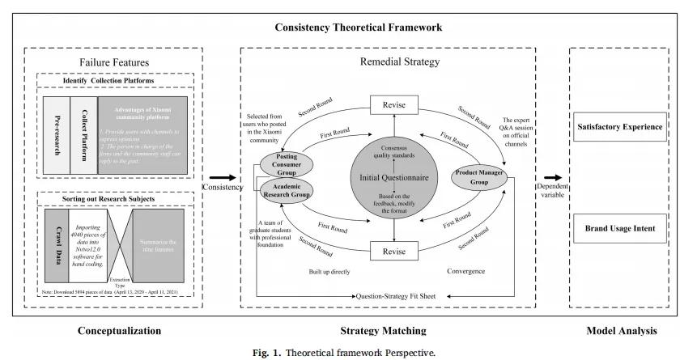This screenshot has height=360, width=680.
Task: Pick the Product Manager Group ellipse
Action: click(x=478, y=176)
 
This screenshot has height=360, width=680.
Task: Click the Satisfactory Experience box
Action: click(x=619, y=127)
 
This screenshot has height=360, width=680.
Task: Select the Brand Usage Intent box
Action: click(x=619, y=229)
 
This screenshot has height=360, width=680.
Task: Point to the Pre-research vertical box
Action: click(x=56, y=134)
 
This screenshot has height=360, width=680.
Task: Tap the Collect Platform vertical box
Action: click(x=83, y=134)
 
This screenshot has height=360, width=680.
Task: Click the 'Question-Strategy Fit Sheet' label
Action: click(x=396, y=296)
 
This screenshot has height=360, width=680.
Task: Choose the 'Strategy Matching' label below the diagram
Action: click(x=383, y=330)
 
